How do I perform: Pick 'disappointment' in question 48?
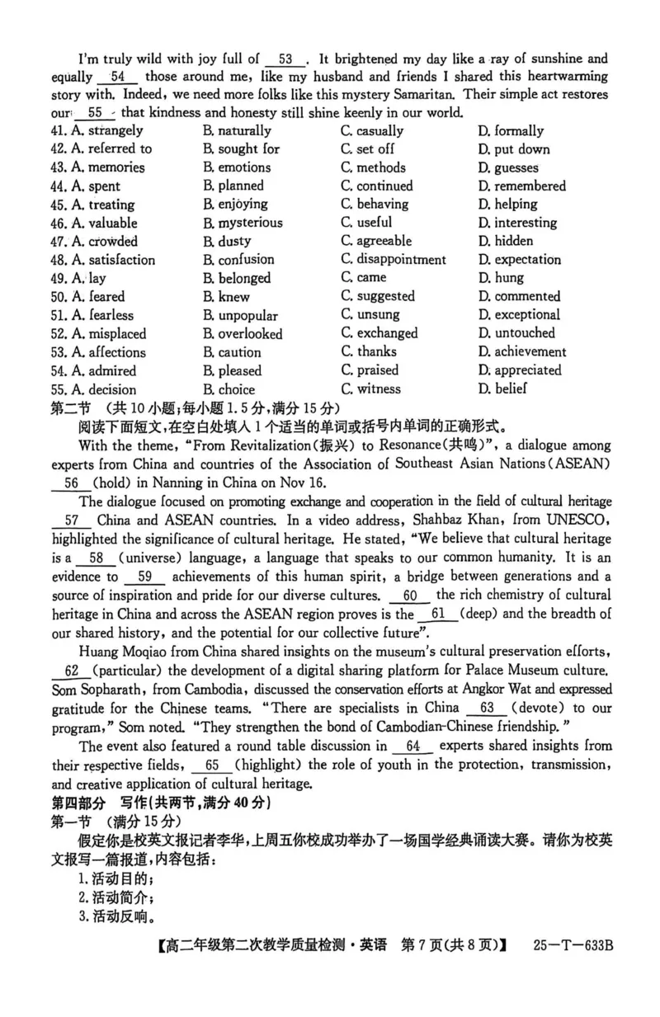coord(400,260)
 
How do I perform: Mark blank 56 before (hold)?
coord(70,484)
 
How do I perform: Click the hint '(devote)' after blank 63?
coord(538,708)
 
